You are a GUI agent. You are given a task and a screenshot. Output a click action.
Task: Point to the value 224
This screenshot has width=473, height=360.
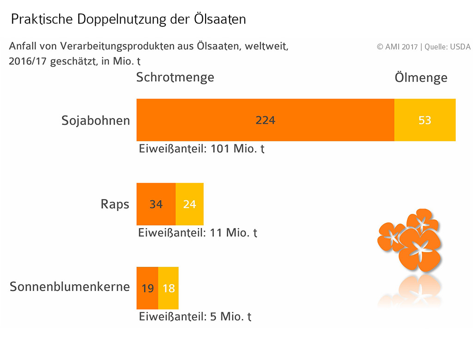tap(265, 120)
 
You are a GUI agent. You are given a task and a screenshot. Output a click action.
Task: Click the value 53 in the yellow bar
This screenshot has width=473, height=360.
tap(424, 120)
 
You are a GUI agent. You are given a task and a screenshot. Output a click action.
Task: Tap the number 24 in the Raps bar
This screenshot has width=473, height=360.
tap(189, 204)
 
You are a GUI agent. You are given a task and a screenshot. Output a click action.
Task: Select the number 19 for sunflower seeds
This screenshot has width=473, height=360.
tap(147, 288)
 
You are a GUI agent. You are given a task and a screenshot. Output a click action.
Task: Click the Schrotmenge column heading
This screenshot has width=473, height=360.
tap(175, 77)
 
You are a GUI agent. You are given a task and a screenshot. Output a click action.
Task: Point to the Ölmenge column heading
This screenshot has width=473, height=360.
tap(421, 78)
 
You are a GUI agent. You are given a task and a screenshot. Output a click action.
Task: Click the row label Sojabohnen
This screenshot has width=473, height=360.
tap(96, 121)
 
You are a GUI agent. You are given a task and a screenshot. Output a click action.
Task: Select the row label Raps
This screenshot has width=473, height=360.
tap(115, 205)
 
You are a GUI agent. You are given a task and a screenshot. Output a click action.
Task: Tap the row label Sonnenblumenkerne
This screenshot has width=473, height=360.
tap(70, 286)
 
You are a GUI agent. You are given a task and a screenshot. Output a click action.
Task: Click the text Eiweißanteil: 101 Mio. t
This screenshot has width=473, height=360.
tap(202, 149)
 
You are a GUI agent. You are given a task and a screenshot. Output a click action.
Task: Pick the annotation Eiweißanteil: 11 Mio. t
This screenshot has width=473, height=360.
tap(198, 233)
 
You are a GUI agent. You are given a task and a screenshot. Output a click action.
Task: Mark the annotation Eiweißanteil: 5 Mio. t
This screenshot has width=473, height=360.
tap(195, 317)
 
